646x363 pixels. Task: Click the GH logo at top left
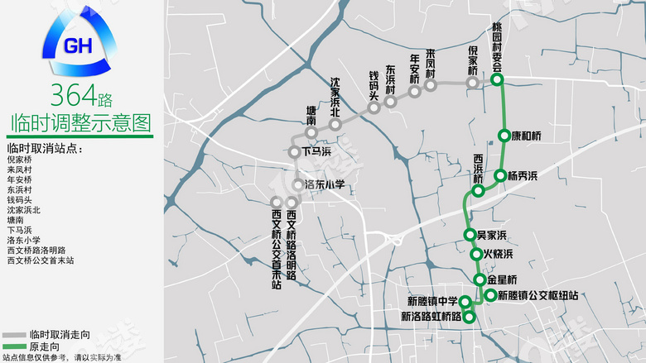(x=80, y=45)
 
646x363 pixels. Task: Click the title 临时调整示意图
(x=80, y=124)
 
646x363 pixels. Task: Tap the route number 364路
(x=80, y=97)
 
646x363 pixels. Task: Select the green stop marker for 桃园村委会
(x=497, y=80)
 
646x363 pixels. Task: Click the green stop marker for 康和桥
(x=504, y=136)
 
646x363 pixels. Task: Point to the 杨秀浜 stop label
(x=523, y=175)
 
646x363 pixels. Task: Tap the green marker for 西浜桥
(x=478, y=192)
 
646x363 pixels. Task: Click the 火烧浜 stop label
(x=498, y=254)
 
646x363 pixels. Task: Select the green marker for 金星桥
(x=480, y=279)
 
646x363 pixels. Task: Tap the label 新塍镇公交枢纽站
(x=538, y=295)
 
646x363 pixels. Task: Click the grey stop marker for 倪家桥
(x=473, y=83)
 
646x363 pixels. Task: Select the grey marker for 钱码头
(x=374, y=107)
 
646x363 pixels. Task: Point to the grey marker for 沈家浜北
(x=335, y=125)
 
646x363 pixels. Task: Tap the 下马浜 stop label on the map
(x=316, y=152)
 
